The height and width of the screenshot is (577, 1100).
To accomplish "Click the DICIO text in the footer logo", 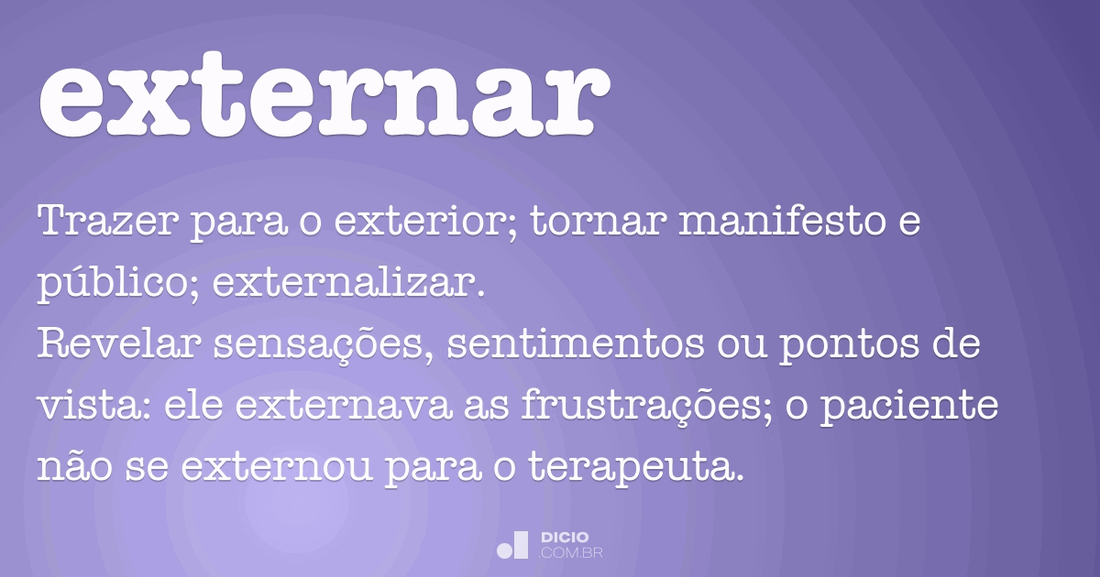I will coord(565,537).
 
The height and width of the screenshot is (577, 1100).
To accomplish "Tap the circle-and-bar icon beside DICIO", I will coord(512,545).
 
